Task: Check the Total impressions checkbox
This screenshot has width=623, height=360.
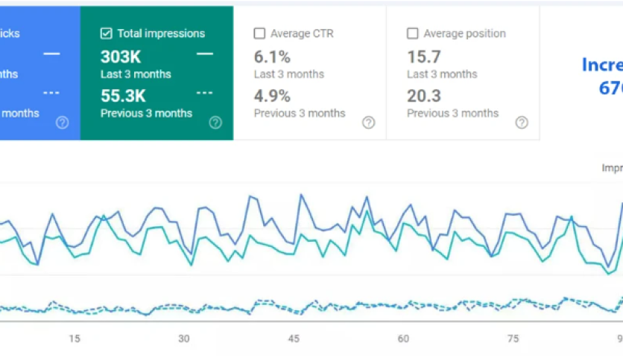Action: [x=106, y=33]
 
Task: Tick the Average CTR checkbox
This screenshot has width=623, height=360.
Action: [x=259, y=33]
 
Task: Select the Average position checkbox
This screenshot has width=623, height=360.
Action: [x=412, y=33]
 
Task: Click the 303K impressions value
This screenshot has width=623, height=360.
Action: [x=120, y=57]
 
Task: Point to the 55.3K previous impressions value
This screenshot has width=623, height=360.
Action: [x=123, y=96]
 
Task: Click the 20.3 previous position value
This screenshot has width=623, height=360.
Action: [x=423, y=96]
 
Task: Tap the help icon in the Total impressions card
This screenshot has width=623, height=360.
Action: [x=215, y=123]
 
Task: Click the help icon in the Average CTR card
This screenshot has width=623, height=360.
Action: [x=368, y=123]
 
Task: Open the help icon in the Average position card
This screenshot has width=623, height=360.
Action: [x=522, y=123]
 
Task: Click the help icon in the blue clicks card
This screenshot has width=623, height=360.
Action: [x=63, y=123]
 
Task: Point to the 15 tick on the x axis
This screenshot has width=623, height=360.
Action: [x=74, y=338]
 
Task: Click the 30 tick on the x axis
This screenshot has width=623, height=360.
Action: [x=184, y=338]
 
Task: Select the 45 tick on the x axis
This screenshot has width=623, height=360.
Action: [x=294, y=338]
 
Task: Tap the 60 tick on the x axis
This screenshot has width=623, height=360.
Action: [x=403, y=338]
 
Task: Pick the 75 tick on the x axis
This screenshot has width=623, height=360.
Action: [x=513, y=338]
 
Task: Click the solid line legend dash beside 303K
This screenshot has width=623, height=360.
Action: [x=204, y=54]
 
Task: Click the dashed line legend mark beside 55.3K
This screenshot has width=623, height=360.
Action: [x=204, y=93]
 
